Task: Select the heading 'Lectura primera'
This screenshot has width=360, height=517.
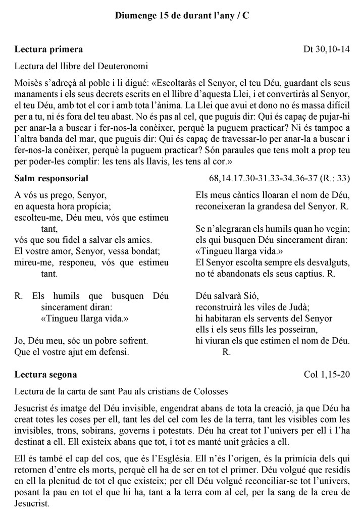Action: (48, 49)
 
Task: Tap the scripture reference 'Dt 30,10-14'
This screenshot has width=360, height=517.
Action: (327, 49)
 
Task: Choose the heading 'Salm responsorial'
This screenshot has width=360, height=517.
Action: (52, 178)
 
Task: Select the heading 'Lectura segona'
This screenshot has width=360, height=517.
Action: (46, 375)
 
